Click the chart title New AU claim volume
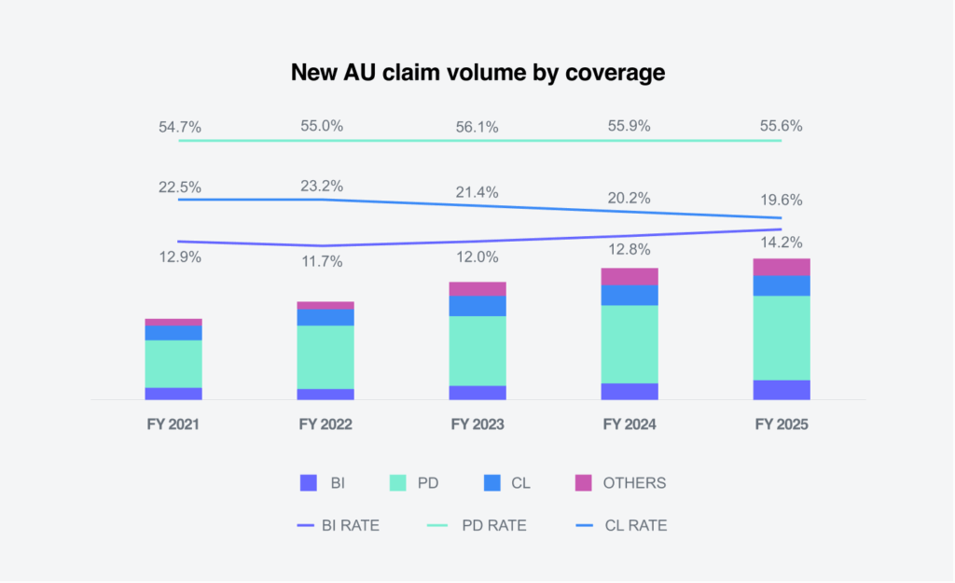[x=477, y=73]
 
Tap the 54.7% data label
[x=179, y=127]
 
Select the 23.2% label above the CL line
[x=322, y=186]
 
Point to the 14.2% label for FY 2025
[x=782, y=242]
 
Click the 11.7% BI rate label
[x=322, y=262]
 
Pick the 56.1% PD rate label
[x=477, y=127]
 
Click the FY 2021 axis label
[x=173, y=424]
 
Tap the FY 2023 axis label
[x=477, y=424]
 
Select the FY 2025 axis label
[x=782, y=424]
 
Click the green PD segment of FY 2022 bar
[x=325, y=357]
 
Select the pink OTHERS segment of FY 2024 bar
[x=630, y=276]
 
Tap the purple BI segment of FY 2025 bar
[x=782, y=390]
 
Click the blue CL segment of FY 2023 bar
[x=477, y=306]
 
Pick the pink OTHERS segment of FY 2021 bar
[x=173, y=322]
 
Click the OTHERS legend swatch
[x=584, y=483]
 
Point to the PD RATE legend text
[x=494, y=526]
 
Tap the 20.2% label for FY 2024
[x=630, y=199]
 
